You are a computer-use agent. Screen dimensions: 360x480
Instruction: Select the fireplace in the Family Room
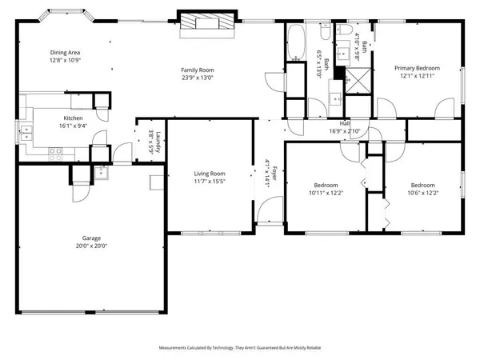click(207, 24)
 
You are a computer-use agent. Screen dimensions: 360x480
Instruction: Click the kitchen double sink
click(27, 128)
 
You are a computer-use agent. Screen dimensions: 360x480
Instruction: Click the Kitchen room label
click(74, 119)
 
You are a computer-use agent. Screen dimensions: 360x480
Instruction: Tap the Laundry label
click(158, 140)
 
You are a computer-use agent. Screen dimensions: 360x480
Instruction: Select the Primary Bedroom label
click(414, 68)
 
